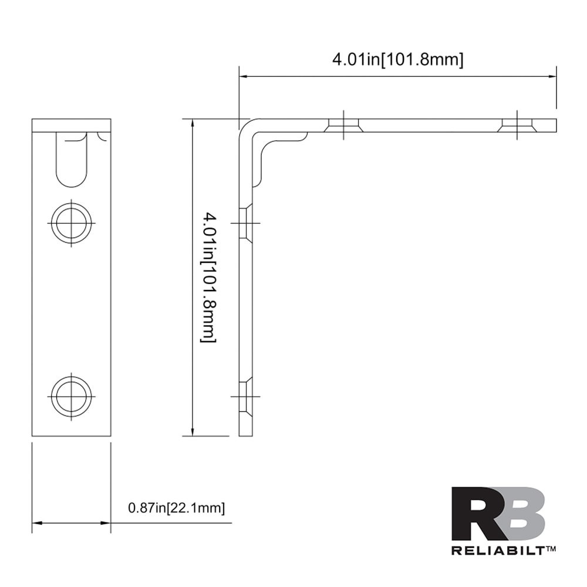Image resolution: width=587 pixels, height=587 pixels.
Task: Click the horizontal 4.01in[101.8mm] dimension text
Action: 398,59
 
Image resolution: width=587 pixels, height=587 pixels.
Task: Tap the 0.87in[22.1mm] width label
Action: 176,508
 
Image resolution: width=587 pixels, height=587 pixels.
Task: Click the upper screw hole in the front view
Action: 71,223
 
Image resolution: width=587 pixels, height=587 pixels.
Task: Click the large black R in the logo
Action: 478,514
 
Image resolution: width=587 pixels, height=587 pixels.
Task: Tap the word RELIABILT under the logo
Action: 498,551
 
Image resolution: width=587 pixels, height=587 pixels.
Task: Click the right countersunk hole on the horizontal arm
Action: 517,125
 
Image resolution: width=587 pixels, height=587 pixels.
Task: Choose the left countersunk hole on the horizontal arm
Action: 344,125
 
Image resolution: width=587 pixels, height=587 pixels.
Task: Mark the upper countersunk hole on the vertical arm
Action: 246,223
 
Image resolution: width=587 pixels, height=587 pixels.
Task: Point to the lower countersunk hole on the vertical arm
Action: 246,396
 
